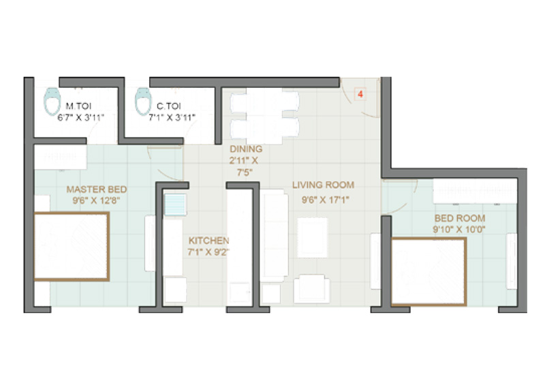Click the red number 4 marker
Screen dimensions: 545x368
360,94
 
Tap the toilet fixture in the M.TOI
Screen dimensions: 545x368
52,102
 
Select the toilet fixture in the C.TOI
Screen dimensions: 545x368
143,102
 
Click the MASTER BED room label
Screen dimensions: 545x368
97,189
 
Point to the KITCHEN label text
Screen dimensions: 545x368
209,241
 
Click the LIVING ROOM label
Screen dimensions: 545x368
323,185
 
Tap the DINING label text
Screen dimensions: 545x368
246,149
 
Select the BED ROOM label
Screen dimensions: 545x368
459,219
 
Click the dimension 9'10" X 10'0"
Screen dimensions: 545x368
458,230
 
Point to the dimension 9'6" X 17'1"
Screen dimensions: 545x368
326,200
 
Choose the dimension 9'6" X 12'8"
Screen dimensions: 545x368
96,200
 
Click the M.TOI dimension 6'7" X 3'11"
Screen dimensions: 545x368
81,118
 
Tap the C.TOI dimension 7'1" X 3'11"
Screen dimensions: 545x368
172,118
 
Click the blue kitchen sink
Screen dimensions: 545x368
175,205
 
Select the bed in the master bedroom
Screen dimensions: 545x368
72,246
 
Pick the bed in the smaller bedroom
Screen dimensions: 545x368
429,272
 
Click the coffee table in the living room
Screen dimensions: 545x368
313,238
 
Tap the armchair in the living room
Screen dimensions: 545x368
312,289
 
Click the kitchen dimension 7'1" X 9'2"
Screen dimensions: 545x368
208,252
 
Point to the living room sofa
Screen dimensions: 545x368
275,236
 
